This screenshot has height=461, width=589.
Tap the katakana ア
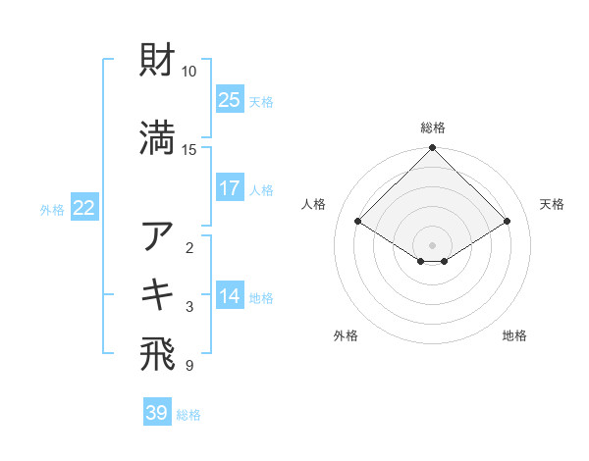(157, 235)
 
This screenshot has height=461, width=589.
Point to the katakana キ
(157, 294)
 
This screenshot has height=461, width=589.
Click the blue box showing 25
(230, 100)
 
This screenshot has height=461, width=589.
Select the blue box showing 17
(230, 188)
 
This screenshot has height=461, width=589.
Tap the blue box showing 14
(230, 296)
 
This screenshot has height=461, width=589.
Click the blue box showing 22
(84, 208)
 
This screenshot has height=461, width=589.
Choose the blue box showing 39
(157, 413)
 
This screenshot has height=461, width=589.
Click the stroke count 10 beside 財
(189, 72)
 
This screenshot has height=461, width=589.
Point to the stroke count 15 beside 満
(189, 149)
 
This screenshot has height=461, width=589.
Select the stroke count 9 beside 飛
(189, 366)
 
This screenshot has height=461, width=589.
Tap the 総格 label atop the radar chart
(433, 128)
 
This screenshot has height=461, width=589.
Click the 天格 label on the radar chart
(552, 204)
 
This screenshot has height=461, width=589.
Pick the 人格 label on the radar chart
(314, 204)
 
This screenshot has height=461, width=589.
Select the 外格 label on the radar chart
(346, 335)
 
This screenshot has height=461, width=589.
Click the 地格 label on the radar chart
(514, 335)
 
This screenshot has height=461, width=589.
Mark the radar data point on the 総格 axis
(433, 148)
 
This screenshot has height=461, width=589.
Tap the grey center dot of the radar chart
(433, 244)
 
